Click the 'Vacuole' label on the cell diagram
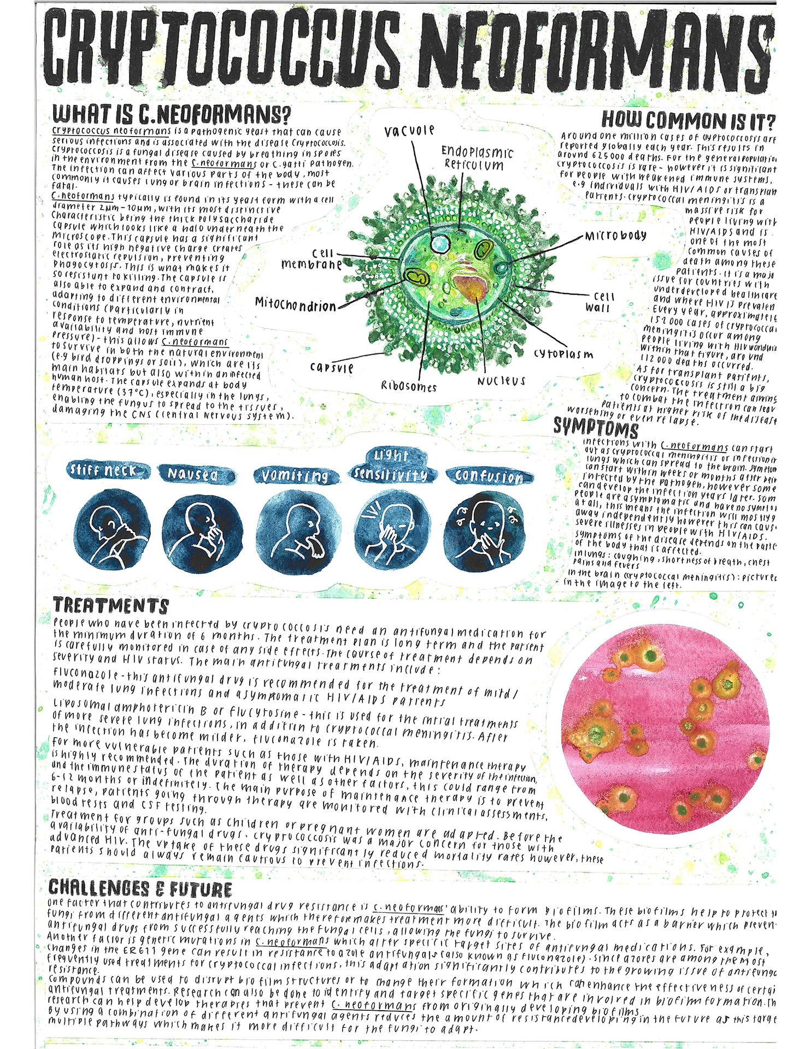[409, 131]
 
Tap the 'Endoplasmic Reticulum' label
[477, 158]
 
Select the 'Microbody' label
[615, 236]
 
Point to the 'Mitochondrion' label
[295, 305]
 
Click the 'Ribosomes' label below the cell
[409, 386]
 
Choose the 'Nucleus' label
[501, 381]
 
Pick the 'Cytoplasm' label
[563, 354]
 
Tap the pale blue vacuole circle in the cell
[439, 242]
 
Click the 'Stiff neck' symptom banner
[102, 470]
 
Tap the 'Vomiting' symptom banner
[294, 476]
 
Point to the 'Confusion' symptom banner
[489, 476]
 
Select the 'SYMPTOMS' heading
[596, 426]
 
